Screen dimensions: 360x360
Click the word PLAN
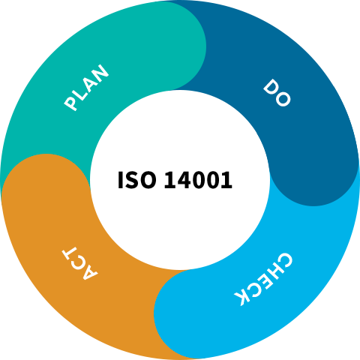(86, 88)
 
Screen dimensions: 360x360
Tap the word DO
(277, 93)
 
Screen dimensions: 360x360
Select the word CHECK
(263, 279)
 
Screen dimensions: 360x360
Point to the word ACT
(80, 263)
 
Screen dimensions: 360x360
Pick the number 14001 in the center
(198, 180)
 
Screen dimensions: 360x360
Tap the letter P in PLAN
(71, 103)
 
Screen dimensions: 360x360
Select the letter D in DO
(271, 87)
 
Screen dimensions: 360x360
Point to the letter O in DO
(283, 99)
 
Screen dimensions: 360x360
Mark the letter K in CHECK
(242, 298)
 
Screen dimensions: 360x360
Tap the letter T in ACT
(70, 253)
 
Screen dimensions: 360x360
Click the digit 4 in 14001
(184, 180)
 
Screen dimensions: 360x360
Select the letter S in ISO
(131, 180)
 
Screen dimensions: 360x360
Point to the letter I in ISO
(120, 180)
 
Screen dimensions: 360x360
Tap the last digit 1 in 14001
(226, 180)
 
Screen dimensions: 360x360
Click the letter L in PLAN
(79, 93)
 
